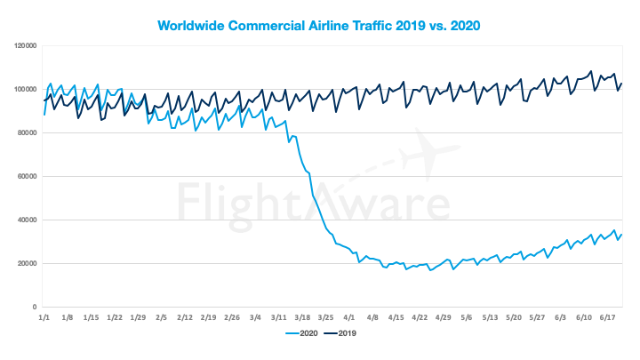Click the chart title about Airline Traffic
[x=319, y=25]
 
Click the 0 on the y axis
[x=33, y=307]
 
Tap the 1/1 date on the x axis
[x=44, y=316]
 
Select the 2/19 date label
[x=208, y=316]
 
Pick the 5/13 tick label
[x=491, y=316]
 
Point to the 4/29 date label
[x=444, y=316]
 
